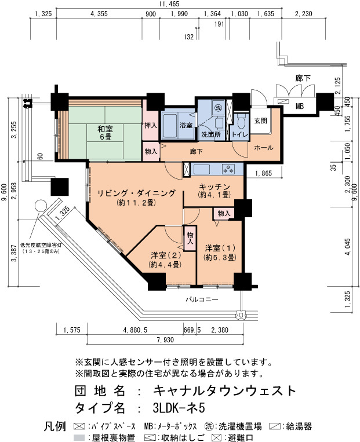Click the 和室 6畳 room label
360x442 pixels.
(105, 133)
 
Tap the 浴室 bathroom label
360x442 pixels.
(186, 125)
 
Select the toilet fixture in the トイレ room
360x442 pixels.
(241, 122)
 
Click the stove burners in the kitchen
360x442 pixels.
(228, 169)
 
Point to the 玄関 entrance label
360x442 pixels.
(260, 120)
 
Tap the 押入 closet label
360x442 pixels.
(151, 125)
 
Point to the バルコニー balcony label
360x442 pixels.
(202, 299)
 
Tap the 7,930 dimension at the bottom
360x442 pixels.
(165, 340)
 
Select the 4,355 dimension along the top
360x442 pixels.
(99, 14)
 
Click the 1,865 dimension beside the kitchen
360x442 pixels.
(264, 173)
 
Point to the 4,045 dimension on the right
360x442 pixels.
(347, 247)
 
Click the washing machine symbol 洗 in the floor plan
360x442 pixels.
(218, 108)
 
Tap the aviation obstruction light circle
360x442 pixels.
(40, 206)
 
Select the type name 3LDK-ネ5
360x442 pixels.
(179, 408)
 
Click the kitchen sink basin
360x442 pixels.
(201, 169)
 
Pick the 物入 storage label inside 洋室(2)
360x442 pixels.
(190, 238)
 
